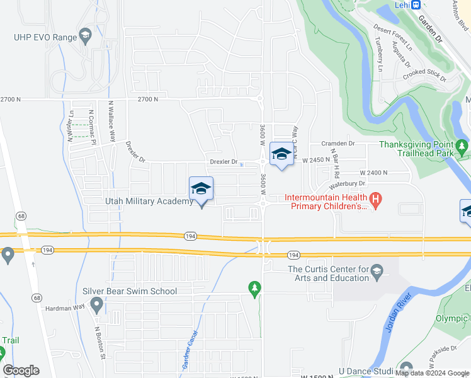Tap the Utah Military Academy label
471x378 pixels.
(148, 201)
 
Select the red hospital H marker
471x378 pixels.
(376, 201)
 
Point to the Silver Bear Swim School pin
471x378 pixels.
(96, 306)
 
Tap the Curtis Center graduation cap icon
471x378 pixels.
(377, 272)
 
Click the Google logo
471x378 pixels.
(21, 370)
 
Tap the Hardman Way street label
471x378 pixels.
(64, 309)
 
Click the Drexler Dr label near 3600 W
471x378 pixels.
(224, 162)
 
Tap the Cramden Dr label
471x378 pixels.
(338, 144)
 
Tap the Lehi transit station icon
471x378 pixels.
(416, 4)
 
